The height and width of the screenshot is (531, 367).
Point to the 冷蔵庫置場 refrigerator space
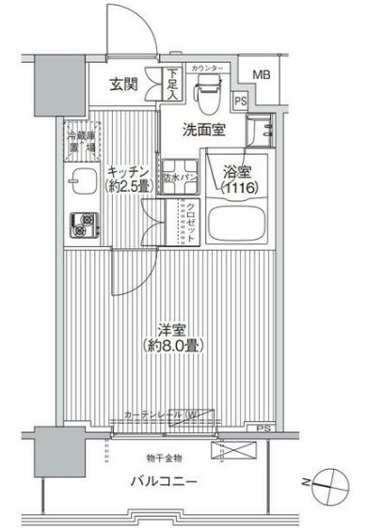coord(81,141)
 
